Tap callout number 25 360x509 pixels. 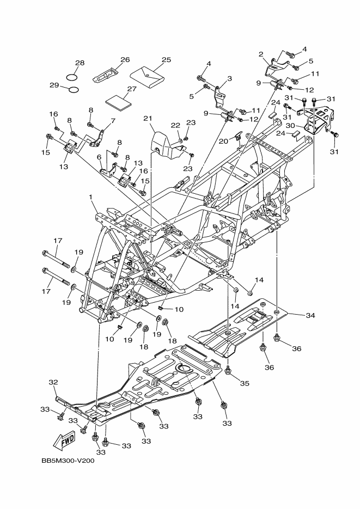click(x=167, y=59)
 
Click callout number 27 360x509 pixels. click(x=131, y=89)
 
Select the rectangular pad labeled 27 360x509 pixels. click(x=119, y=102)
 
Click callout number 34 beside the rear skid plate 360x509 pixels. click(x=310, y=315)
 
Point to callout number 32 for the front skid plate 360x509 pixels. click(x=53, y=382)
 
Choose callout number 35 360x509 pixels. click(x=245, y=383)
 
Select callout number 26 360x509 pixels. click(x=125, y=59)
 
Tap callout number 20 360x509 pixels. click(x=223, y=140)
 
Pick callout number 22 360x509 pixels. click(x=175, y=126)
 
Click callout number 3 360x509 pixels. click(x=229, y=78)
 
